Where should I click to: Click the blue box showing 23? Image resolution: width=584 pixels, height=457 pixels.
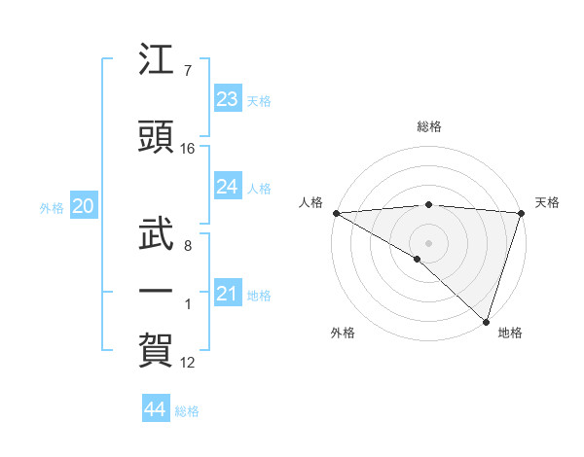click(228, 99)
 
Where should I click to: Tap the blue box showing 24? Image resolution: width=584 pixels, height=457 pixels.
click(228, 187)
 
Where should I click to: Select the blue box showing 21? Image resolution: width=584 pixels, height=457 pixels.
click(228, 294)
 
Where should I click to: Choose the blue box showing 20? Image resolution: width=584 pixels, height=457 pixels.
click(83, 206)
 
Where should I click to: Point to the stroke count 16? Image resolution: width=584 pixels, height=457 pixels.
click(188, 149)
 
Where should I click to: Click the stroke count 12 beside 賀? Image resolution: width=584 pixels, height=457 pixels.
click(188, 363)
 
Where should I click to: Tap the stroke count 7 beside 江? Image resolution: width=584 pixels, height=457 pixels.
click(187, 71)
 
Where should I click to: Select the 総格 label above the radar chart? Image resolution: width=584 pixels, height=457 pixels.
click(429, 126)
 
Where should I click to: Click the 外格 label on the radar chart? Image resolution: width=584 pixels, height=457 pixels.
click(343, 333)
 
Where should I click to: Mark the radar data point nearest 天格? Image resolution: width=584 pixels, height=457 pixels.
click(521, 213)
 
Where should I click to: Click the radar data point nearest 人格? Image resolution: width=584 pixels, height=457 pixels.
click(336, 213)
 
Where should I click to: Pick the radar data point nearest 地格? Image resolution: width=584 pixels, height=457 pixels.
click(486, 321)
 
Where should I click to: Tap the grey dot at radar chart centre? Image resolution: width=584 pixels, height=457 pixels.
click(428, 242)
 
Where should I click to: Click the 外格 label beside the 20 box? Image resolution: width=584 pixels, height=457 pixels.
click(52, 207)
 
